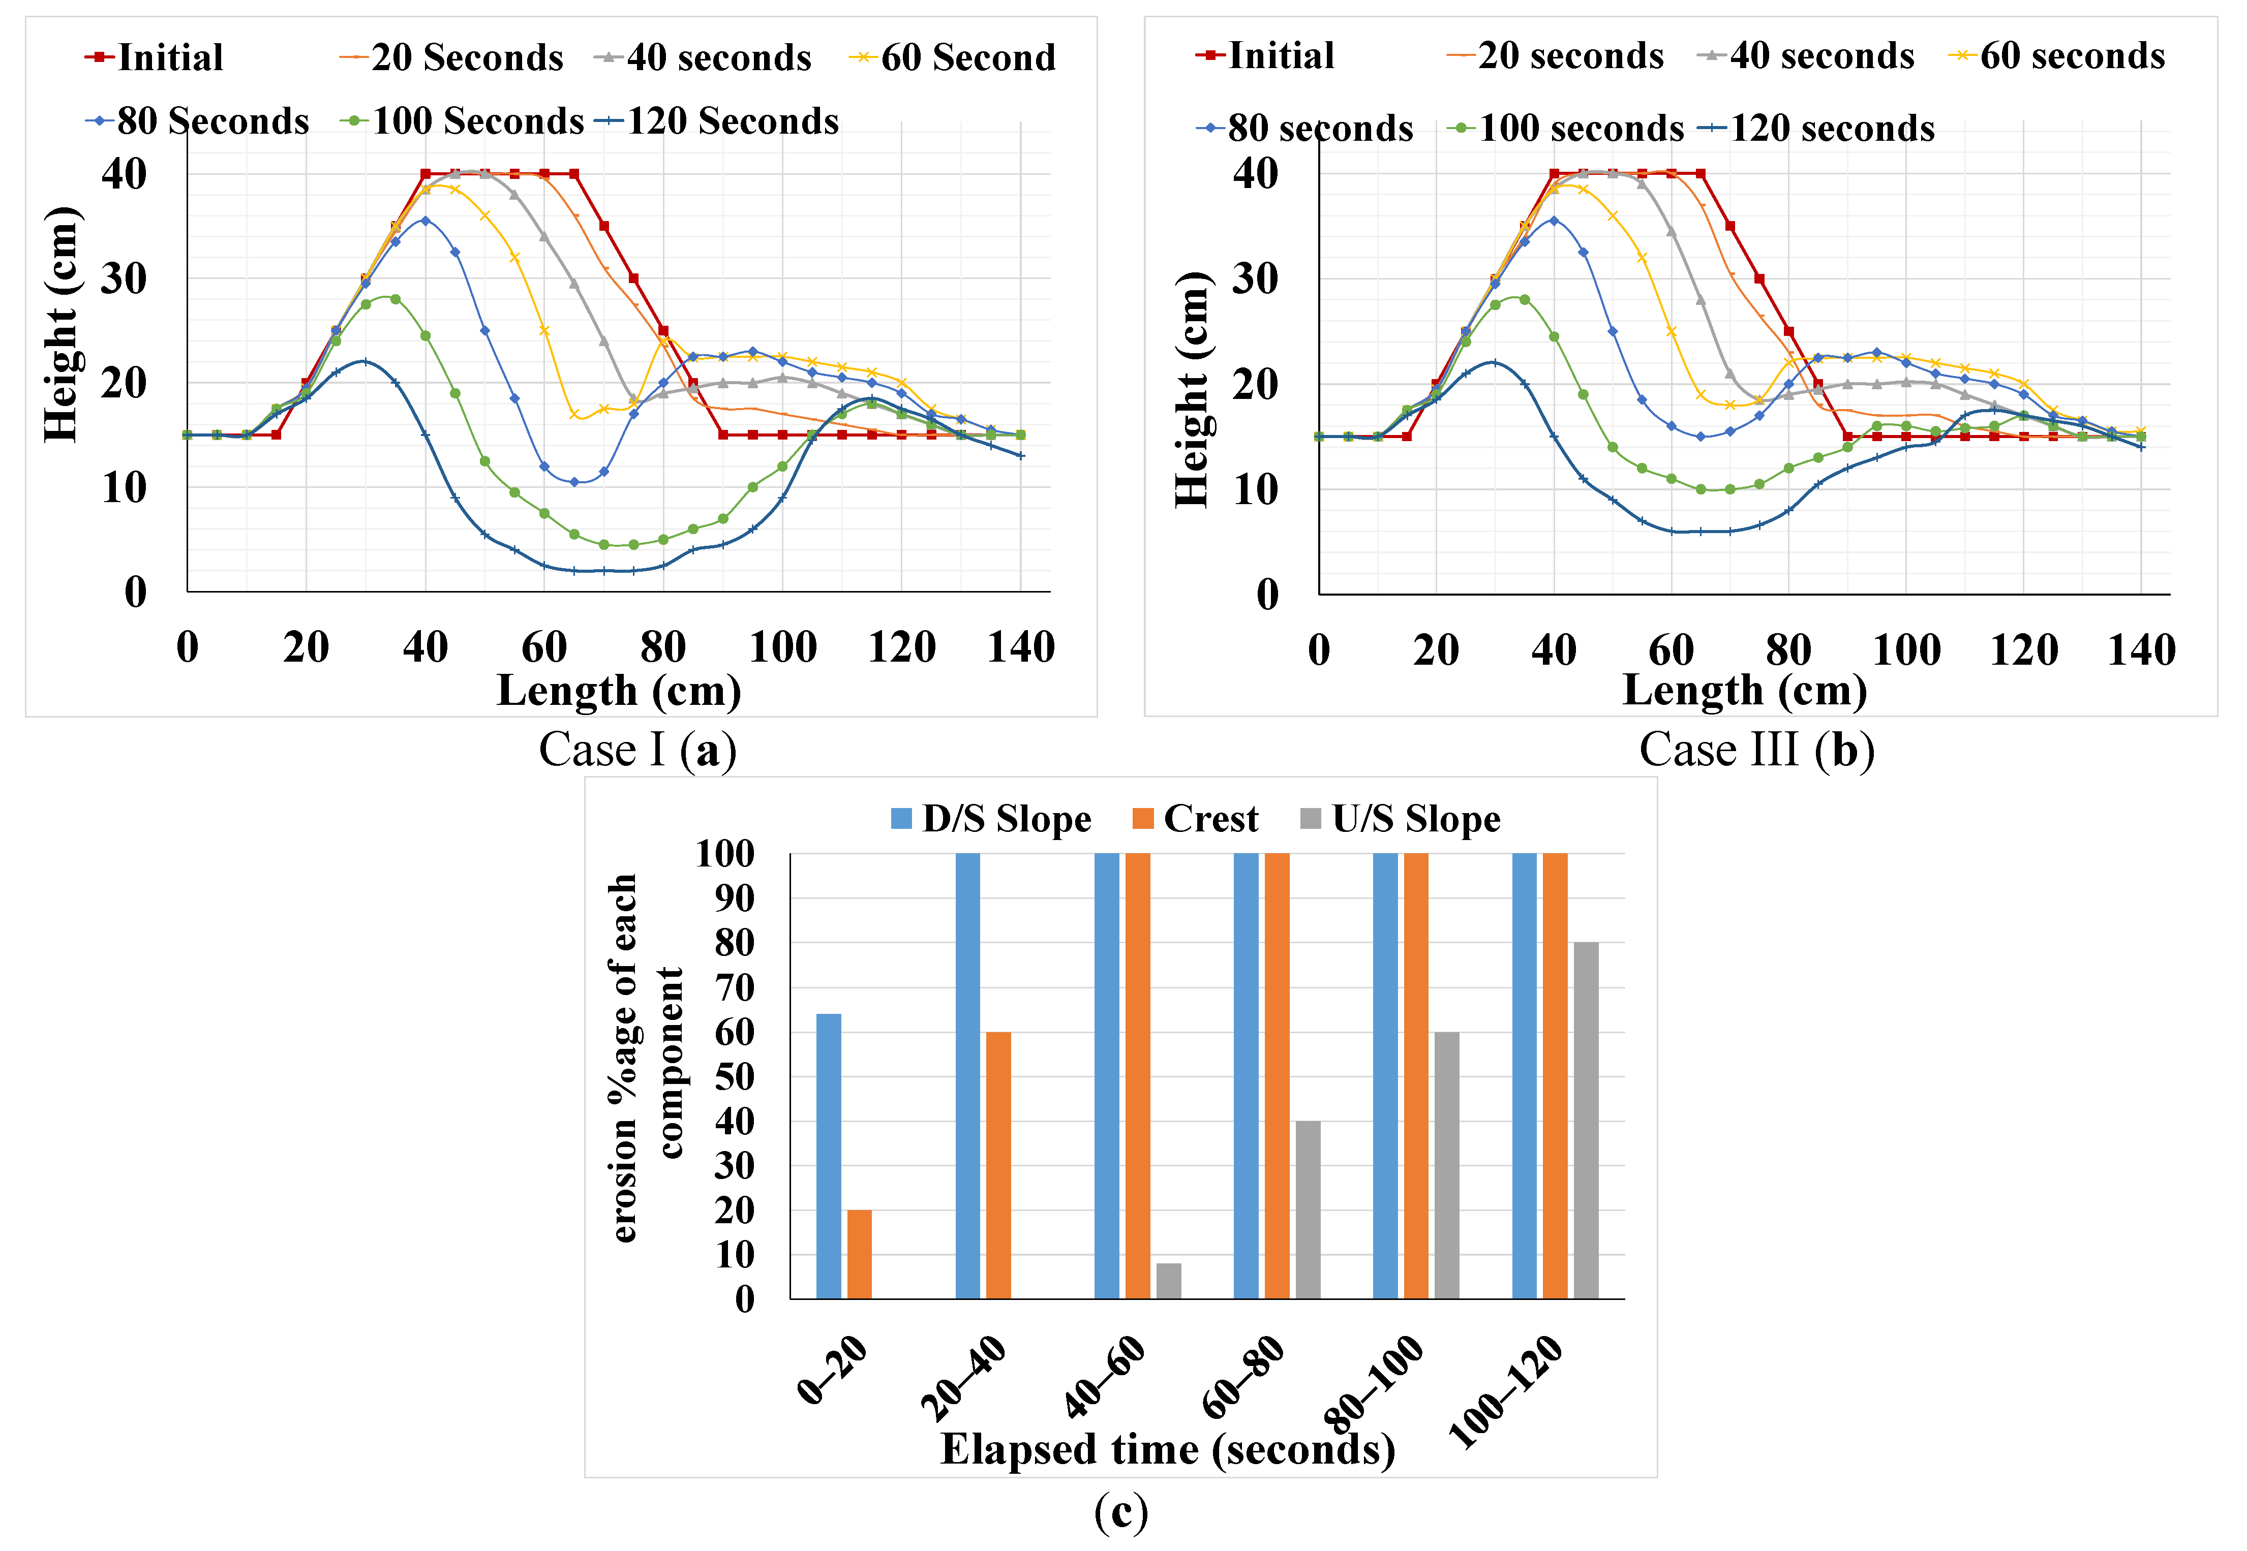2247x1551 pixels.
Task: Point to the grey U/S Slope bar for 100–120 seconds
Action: (1585, 1120)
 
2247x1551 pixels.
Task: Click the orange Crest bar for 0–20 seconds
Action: (859, 1254)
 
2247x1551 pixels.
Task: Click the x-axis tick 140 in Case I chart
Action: (1020, 648)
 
